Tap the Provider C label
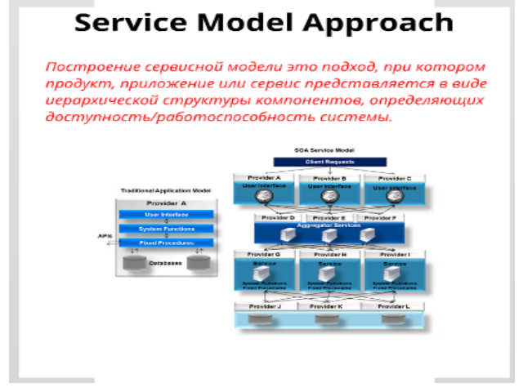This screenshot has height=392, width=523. [x=393, y=177]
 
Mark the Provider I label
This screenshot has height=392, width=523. [x=393, y=255]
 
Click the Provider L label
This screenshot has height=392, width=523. [x=393, y=306]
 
